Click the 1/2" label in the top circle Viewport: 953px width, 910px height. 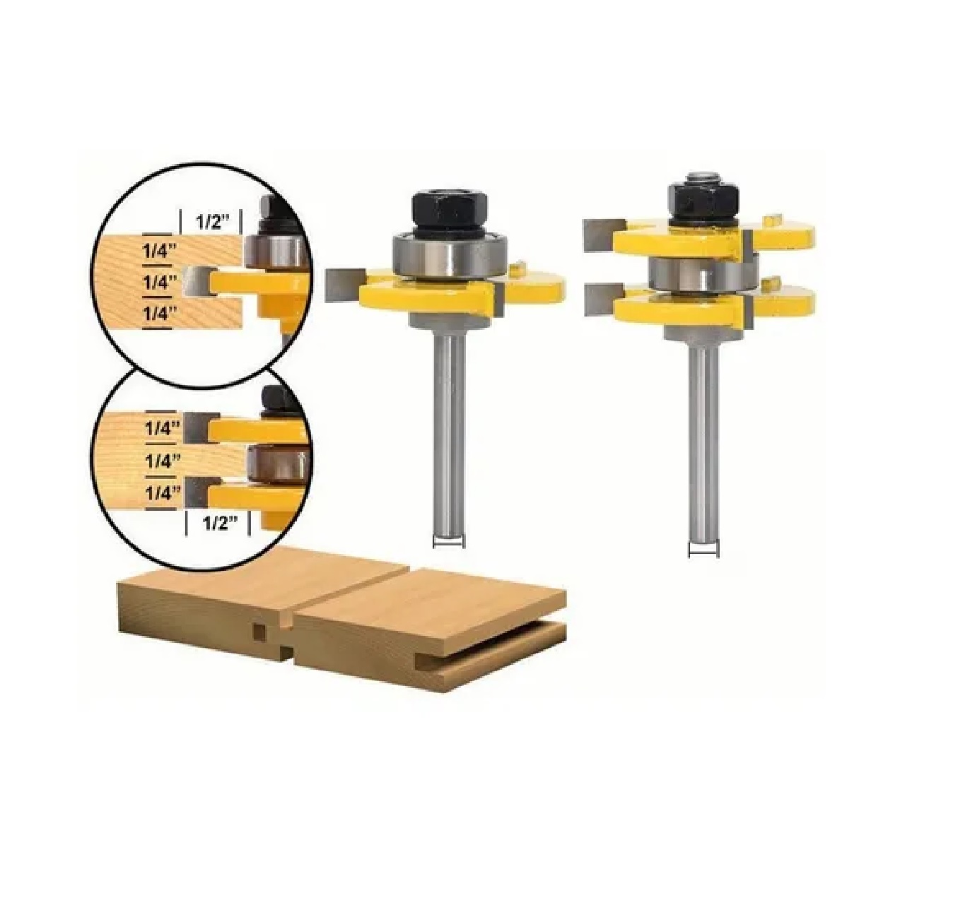pyautogui.click(x=213, y=223)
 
